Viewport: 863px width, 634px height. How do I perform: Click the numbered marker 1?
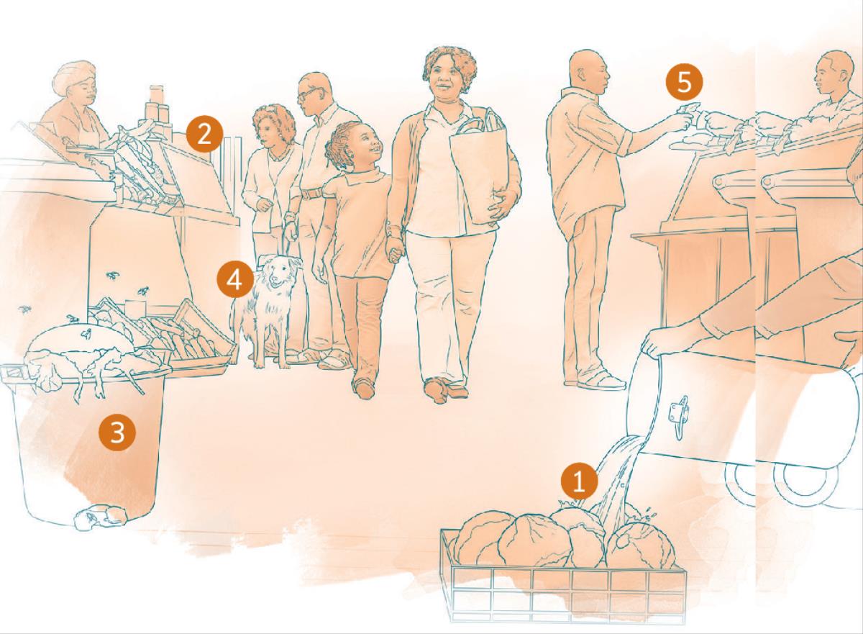[579, 481]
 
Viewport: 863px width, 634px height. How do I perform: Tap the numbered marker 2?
[204, 135]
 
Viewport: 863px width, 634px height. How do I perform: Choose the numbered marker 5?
[684, 83]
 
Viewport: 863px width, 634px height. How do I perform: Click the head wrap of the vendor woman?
[74, 76]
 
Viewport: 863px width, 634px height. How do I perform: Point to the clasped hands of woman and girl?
[394, 250]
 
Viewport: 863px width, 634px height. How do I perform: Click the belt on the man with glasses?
[312, 193]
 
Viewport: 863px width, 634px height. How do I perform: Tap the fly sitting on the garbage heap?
[86, 333]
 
